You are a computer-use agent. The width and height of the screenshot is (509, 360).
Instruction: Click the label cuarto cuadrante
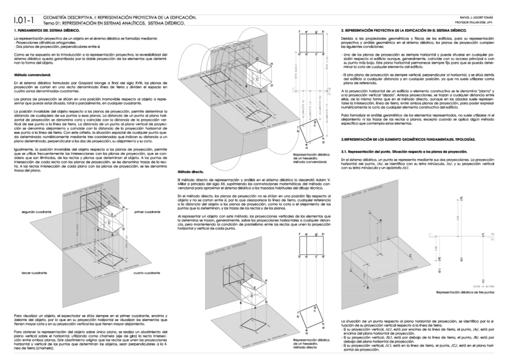point(146,272)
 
